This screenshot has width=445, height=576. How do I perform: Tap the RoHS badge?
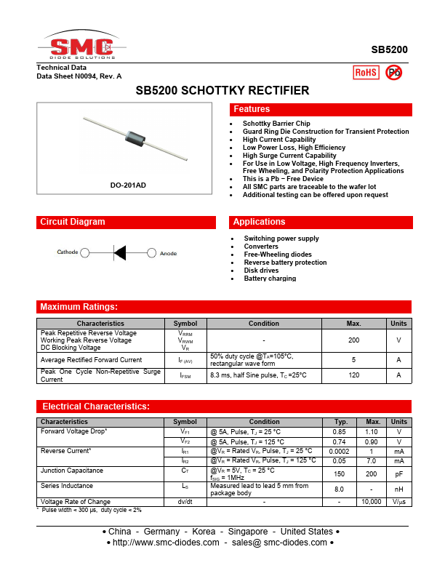point(365,72)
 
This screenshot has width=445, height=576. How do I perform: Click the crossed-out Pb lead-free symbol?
point(393,71)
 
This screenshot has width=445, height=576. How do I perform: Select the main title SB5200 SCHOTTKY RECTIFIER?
point(222,91)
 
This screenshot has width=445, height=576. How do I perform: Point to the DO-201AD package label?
point(128,185)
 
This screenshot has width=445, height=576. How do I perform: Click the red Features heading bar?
point(321,109)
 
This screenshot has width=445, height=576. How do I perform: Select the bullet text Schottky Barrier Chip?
point(276,124)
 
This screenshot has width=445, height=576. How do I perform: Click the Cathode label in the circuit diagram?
point(68,252)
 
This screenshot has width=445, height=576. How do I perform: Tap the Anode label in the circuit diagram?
point(168,252)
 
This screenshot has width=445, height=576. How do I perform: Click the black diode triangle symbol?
point(120,252)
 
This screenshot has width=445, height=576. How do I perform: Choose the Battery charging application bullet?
point(270,279)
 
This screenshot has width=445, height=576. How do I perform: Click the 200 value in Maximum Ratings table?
point(354,340)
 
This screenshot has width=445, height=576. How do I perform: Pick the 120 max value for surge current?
point(354,375)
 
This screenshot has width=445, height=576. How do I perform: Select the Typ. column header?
point(340,422)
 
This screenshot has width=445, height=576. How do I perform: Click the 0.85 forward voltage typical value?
point(340,431)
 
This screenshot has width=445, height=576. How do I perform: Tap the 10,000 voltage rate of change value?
point(373,502)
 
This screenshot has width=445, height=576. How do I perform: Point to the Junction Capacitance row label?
point(72,471)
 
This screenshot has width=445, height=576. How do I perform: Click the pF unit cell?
point(398,474)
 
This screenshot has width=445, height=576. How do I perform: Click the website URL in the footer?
point(163,543)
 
